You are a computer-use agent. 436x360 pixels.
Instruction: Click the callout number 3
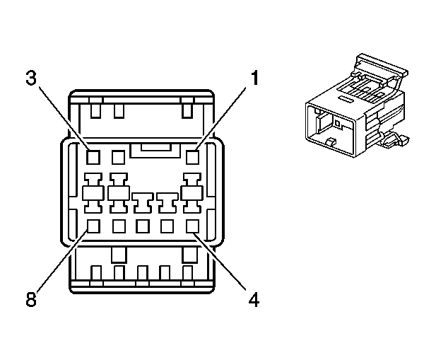[31, 77]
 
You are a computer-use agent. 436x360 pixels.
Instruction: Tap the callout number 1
[254, 77]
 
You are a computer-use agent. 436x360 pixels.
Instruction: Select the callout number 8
[31, 299]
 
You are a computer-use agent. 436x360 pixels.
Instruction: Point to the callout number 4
[254, 300]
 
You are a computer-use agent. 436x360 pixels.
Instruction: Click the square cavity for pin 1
[192, 157]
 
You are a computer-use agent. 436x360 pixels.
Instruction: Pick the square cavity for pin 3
[93, 157]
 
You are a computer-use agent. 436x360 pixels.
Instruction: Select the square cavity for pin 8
[93, 226]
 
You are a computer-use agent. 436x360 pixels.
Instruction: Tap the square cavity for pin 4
[192, 226]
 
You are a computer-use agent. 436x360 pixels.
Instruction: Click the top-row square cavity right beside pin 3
[118, 157]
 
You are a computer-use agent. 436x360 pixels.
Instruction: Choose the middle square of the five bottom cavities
[143, 226]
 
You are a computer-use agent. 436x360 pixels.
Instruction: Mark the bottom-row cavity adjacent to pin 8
[119, 226]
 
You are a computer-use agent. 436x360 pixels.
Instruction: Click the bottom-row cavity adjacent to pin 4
[167, 226]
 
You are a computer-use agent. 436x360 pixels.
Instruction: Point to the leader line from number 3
[64, 118]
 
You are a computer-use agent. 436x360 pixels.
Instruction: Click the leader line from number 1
[220, 118]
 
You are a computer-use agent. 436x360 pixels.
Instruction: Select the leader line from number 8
[61, 260]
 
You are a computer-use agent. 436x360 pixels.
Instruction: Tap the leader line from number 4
[220, 262]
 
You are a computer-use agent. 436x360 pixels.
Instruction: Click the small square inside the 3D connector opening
[338, 122]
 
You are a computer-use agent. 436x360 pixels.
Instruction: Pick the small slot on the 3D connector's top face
[345, 98]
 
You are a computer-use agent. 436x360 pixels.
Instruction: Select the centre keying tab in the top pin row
[155, 151]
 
